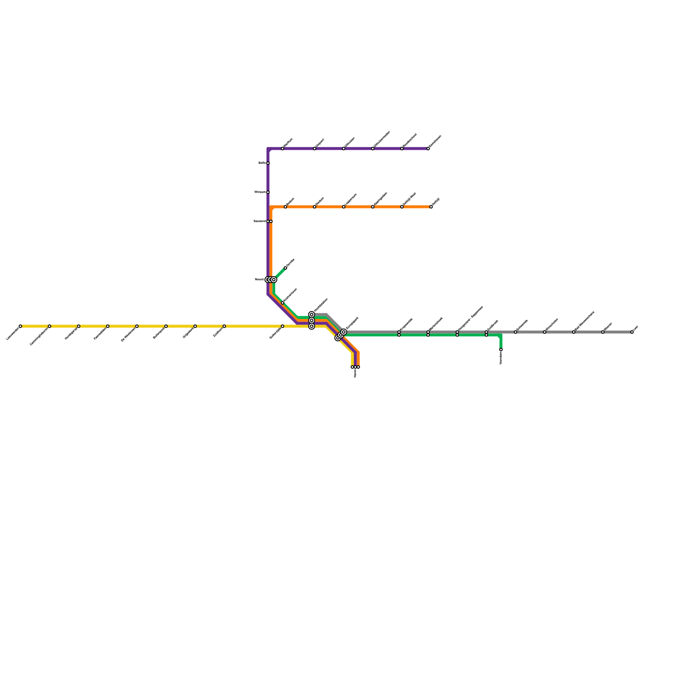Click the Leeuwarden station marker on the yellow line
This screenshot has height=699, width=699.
(x=20, y=326)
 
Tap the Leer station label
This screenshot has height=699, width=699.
(x=636, y=327)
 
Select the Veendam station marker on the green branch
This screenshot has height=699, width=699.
(x=501, y=349)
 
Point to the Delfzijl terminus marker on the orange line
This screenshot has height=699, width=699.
(x=431, y=207)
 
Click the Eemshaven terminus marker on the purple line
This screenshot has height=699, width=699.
(x=428, y=149)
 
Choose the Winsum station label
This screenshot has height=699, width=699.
(x=260, y=192)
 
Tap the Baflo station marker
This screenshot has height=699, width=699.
(x=268, y=163)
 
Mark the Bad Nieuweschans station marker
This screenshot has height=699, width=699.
(x=574, y=332)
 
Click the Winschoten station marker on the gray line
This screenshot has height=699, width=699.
(x=544, y=332)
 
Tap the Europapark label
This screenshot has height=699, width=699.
(x=352, y=323)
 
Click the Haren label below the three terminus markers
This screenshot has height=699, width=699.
(x=355, y=373)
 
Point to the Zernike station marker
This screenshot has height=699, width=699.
(x=285, y=268)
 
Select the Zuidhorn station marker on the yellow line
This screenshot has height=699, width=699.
(x=224, y=326)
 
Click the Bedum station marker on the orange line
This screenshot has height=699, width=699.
(x=285, y=207)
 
